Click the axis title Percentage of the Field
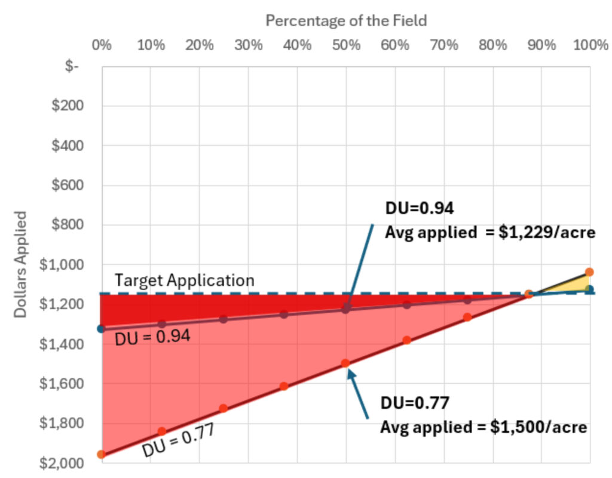point(346,20)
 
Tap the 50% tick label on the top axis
point(346,45)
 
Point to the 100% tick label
point(591,45)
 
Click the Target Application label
point(184,280)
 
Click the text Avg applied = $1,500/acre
point(484,428)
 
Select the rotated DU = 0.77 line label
point(178,440)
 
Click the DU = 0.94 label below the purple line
point(152,338)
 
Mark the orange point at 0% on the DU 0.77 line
point(102,454)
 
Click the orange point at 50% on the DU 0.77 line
point(345,363)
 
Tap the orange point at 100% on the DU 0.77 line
point(589,272)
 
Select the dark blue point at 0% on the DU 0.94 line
point(101,328)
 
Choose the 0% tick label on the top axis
point(102,45)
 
